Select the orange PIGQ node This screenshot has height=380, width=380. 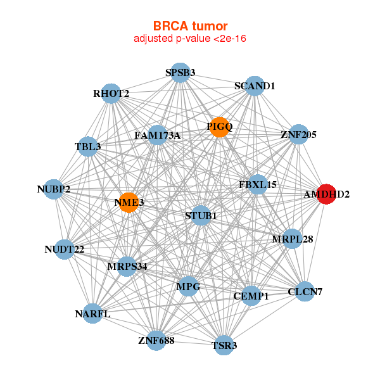[x=218, y=127]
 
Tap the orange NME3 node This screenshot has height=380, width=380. [x=129, y=203]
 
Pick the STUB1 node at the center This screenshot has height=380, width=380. [x=201, y=215]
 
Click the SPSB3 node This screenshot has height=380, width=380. [x=180, y=73]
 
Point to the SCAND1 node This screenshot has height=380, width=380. [x=254, y=86]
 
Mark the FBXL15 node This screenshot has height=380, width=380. [x=257, y=185]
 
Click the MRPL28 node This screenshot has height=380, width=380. [x=292, y=239]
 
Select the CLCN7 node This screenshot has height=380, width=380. [x=305, y=291]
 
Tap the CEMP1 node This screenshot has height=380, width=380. [x=251, y=296]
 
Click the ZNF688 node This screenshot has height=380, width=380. [x=156, y=341]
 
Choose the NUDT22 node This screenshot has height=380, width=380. [x=65, y=250]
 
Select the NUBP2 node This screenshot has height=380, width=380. [x=54, y=189]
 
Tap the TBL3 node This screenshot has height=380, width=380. [x=87, y=147]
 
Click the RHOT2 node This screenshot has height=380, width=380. [x=111, y=94]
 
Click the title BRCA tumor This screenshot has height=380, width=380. [x=190, y=26]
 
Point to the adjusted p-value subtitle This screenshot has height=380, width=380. [x=190, y=39]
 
